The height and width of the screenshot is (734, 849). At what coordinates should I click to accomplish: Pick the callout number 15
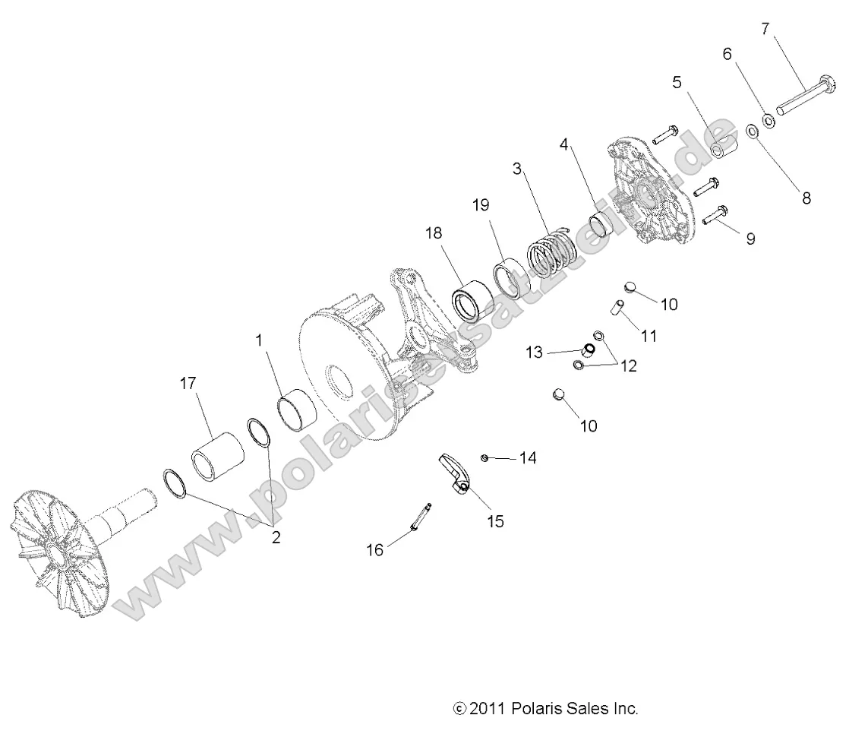pos(495,522)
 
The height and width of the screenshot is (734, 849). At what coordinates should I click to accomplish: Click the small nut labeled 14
pos(484,457)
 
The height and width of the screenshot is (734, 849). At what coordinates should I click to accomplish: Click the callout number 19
pos(481,205)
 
